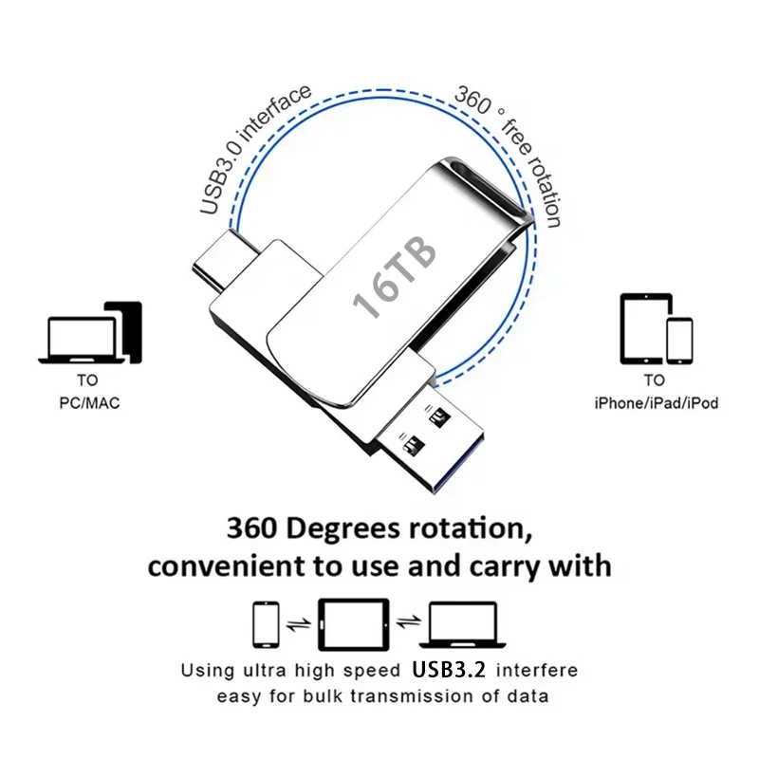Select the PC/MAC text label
click(x=87, y=403)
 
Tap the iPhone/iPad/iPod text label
click(x=656, y=403)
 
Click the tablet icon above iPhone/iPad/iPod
click(x=645, y=327)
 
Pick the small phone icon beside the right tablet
click(x=679, y=340)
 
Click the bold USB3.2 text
click(x=449, y=669)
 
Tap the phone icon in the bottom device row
click(x=267, y=623)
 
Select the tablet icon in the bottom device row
click(x=353, y=622)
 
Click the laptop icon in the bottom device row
click(x=462, y=624)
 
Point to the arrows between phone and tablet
click(x=299, y=623)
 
